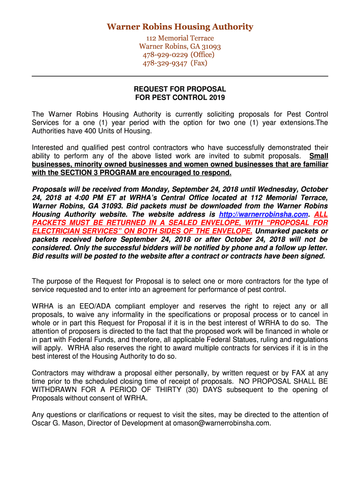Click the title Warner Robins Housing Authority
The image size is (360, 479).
coord(180,27)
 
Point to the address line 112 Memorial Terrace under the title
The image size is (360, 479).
coord(180,38)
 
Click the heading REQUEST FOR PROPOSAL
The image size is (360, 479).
coord(180,89)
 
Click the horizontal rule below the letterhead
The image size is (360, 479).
coord(180,76)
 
